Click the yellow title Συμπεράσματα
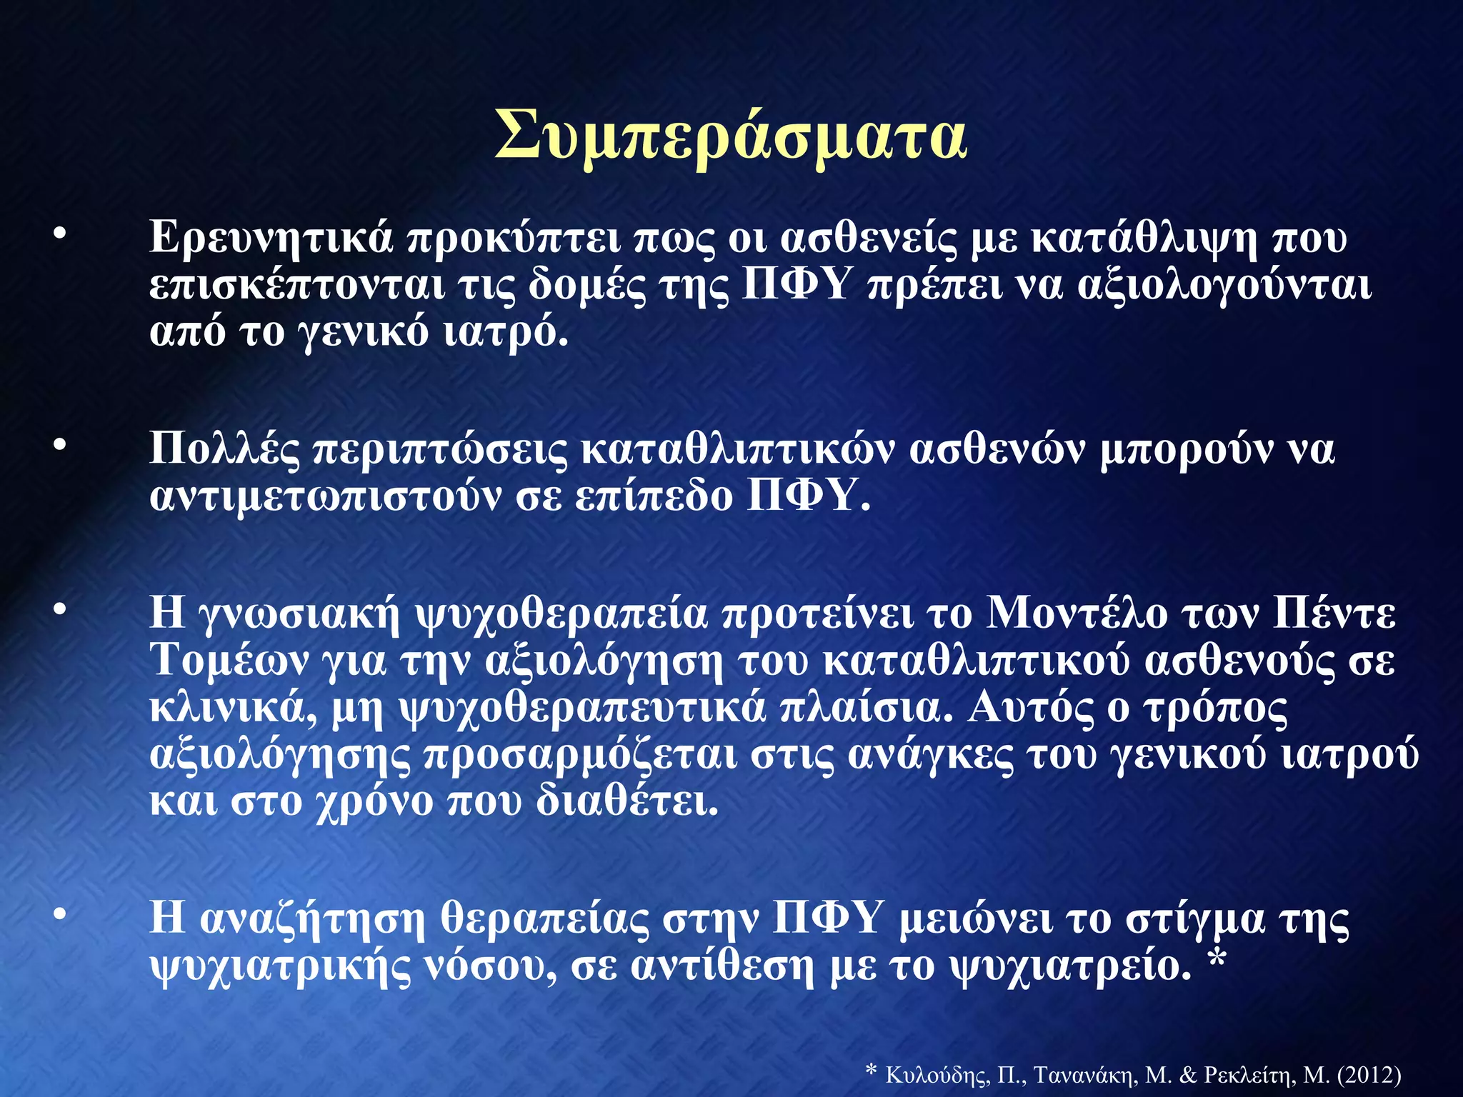point(731,136)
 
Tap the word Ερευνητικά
point(271,238)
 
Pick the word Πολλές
point(224,450)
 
